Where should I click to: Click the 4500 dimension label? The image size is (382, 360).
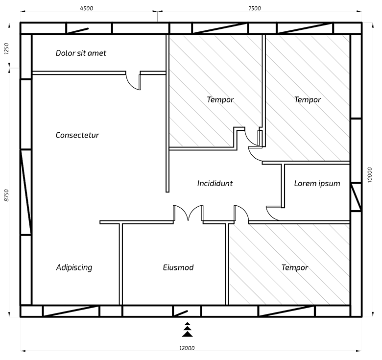87,8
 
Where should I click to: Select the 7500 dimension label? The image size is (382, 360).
255,8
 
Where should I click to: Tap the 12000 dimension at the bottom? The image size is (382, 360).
187,348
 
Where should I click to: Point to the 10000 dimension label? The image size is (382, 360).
370,175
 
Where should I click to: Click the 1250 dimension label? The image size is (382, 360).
6,48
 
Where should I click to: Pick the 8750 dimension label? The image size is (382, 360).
6,195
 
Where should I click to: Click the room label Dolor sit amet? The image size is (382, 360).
81,53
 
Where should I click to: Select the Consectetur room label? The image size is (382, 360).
77,135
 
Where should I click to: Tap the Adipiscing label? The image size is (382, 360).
74,267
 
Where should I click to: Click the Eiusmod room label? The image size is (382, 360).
178,267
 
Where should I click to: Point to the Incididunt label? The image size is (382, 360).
215,183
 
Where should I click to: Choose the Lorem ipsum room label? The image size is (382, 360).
317,183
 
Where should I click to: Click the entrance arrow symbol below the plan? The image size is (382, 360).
188,330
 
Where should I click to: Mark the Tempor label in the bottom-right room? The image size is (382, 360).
295,267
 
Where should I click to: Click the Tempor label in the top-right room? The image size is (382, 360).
308,99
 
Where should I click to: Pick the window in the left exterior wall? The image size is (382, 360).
26,192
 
